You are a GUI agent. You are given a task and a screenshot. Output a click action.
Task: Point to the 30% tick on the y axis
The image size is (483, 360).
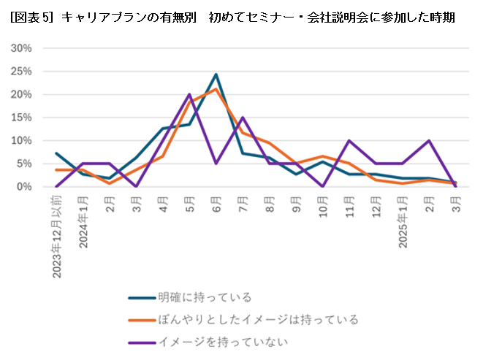(x=22, y=48)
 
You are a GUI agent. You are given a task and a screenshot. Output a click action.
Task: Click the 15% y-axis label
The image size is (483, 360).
(x=22, y=118)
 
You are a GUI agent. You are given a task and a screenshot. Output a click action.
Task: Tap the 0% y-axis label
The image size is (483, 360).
(x=25, y=187)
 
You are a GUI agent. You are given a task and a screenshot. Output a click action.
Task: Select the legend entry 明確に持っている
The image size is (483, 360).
(x=205, y=297)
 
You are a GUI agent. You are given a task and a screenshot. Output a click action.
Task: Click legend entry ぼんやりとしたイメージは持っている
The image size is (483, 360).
(x=257, y=319)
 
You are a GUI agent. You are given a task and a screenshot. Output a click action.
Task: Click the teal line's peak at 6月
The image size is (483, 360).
(x=216, y=74)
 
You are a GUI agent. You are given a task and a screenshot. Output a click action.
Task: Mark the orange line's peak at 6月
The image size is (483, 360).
(x=216, y=89)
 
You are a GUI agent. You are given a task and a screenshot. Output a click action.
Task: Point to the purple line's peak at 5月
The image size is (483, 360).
(x=189, y=94)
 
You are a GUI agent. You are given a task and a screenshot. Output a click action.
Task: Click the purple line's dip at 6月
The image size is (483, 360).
(x=216, y=164)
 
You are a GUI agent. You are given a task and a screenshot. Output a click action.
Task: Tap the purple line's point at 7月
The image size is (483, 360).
(x=243, y=118)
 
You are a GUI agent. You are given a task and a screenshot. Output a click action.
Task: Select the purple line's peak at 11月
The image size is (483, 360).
(x=349, y=140)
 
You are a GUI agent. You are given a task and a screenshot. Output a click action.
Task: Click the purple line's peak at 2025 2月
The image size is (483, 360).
(x=429, y=140)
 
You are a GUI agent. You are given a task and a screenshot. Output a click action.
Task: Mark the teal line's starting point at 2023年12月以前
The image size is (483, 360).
(x=56, y=153)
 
